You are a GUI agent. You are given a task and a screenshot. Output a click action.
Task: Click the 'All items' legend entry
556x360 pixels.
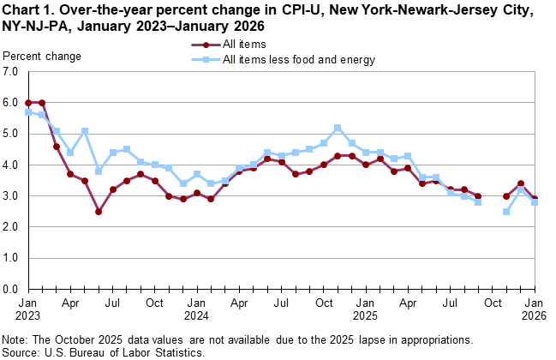(x=244, y=43)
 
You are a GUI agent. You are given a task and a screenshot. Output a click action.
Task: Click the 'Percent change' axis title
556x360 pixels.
(x=42, y=57)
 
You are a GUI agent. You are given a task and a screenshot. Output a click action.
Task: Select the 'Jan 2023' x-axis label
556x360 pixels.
(x=28, y=309)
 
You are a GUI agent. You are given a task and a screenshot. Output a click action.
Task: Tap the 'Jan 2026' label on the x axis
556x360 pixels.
(x=535, y=309)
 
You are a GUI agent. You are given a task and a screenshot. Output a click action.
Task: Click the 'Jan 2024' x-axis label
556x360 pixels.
(x=197, y=309)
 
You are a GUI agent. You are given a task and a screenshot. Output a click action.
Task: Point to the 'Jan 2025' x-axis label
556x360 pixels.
(x=366, y=309)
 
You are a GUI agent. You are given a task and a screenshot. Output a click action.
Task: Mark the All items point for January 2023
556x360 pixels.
(x=28, y=103)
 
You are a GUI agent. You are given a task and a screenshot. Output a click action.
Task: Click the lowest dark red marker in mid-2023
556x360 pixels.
(x=99, y=212)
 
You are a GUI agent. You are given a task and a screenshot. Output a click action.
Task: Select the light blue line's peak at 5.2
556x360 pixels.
(x=338, y=128)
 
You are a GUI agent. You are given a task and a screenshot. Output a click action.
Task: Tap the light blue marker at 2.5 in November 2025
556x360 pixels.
(x=506, y=212)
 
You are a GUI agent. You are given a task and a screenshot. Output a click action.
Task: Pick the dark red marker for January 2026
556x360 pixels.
(x=535, y=199)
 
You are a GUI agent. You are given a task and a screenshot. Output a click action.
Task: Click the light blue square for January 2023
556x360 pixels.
(x=28, y=112)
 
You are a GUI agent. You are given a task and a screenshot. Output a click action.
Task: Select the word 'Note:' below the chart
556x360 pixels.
(x=16, y=341)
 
